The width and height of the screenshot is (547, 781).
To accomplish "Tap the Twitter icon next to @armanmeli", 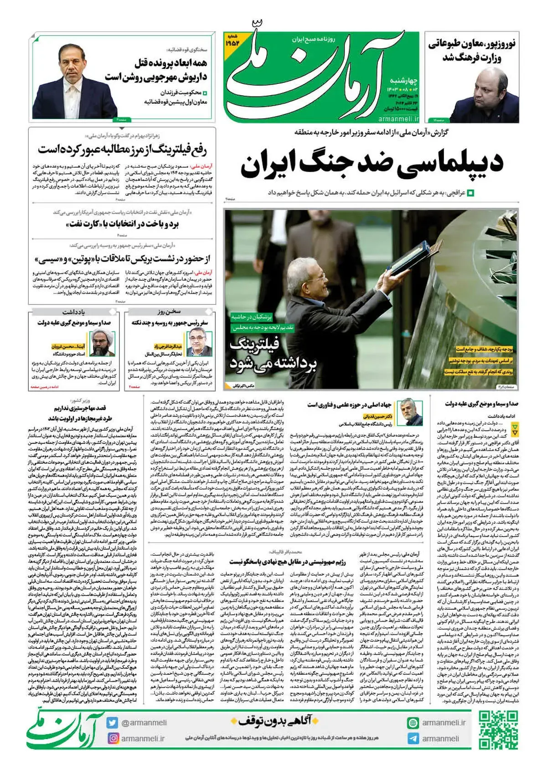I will (x=112, y=723).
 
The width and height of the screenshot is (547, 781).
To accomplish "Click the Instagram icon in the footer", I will (x=112, y=738).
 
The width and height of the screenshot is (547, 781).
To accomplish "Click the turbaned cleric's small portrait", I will (x=102, y=342).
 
